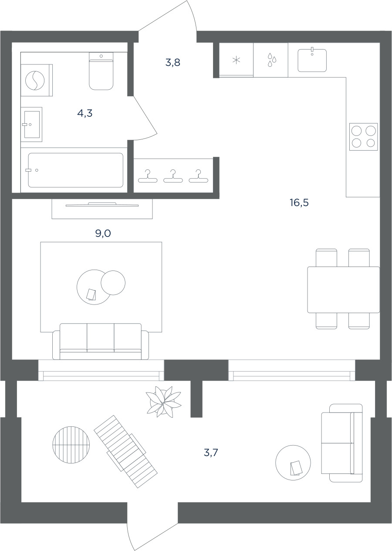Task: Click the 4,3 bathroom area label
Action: coord(84,113)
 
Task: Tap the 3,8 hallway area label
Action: coord(172,63)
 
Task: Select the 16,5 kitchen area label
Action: coord(299,203)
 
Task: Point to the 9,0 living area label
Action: coord(103,233)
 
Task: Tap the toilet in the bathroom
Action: coord(101,71)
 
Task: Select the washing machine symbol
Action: coord(35,80)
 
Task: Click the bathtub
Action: coord(75,170)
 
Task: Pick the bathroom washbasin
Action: coord(32,125)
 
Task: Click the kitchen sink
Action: coord(312,60)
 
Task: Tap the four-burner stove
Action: coord(364,137)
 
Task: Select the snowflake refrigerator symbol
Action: coord(236,60)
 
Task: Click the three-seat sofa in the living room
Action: coord(101,341)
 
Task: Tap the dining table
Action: coord(343,290)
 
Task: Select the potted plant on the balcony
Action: coord(163,402)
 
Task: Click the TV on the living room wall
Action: coord(102,205)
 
